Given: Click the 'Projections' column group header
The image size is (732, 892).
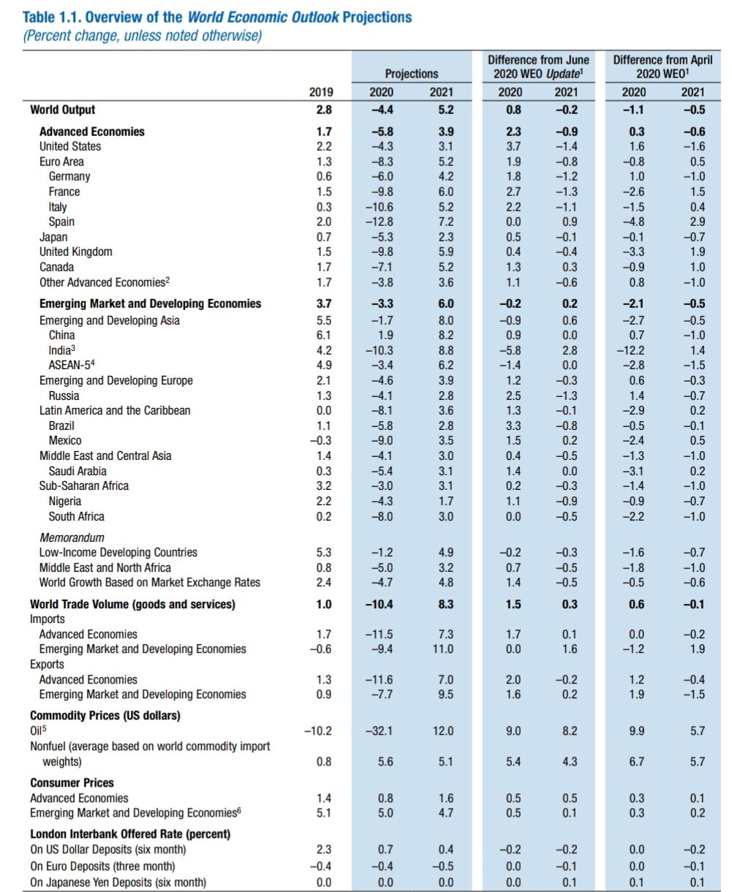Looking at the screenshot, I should [412, 73].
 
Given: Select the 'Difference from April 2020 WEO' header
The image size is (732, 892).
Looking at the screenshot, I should [663, 66].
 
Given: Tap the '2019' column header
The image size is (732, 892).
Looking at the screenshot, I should [321, 92].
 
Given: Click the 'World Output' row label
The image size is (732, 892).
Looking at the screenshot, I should [63, 110].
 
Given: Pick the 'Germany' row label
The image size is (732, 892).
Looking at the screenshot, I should [69, 176].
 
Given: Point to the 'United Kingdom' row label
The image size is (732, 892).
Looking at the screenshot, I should [76, 252].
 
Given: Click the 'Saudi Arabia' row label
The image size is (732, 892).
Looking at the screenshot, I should [78, 471].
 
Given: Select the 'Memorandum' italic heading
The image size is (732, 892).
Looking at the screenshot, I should [72, 537].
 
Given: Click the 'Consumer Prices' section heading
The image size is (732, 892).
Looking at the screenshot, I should [72, 782].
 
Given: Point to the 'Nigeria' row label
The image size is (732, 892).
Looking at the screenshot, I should [65, 501].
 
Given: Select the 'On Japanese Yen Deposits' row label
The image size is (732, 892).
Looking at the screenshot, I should [118, 882].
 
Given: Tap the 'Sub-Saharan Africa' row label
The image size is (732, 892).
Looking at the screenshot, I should [84, 485].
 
